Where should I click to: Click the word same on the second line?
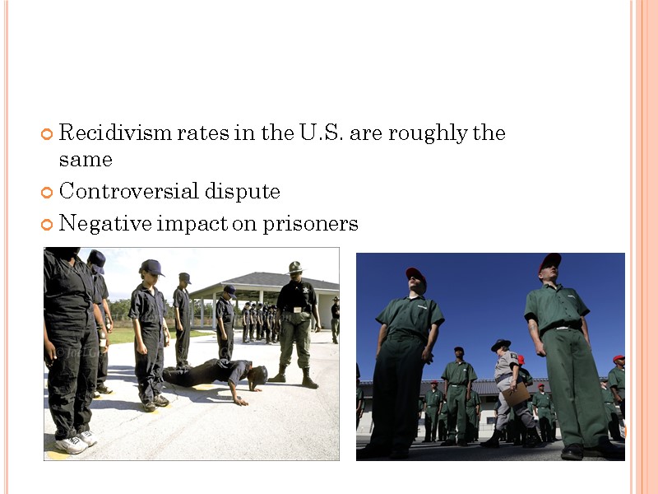(x=86, y=159)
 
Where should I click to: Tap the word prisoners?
(x=310, y=224)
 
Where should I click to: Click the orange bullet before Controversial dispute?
(x=47, y=193)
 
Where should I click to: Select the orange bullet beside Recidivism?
(x=47, y=133)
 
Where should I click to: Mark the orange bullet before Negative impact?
(x=47, y=224)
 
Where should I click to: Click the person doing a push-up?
(x=215, y=375)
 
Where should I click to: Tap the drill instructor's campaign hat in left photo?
(x=295, y=267)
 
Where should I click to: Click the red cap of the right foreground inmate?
(x=549, y=261)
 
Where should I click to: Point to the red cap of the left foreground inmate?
(x=416, y=275)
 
